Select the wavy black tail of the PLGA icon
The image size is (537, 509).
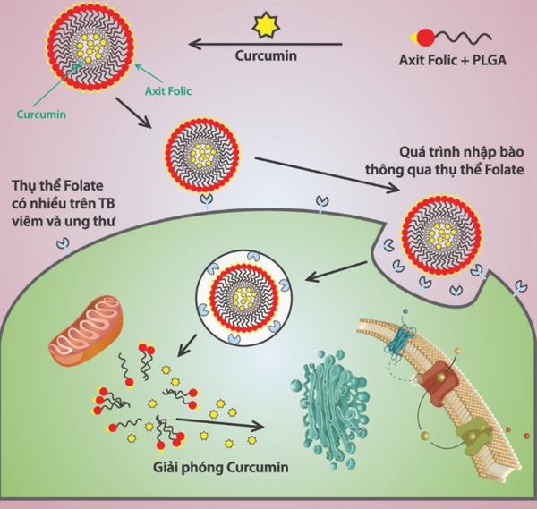[466, 36]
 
